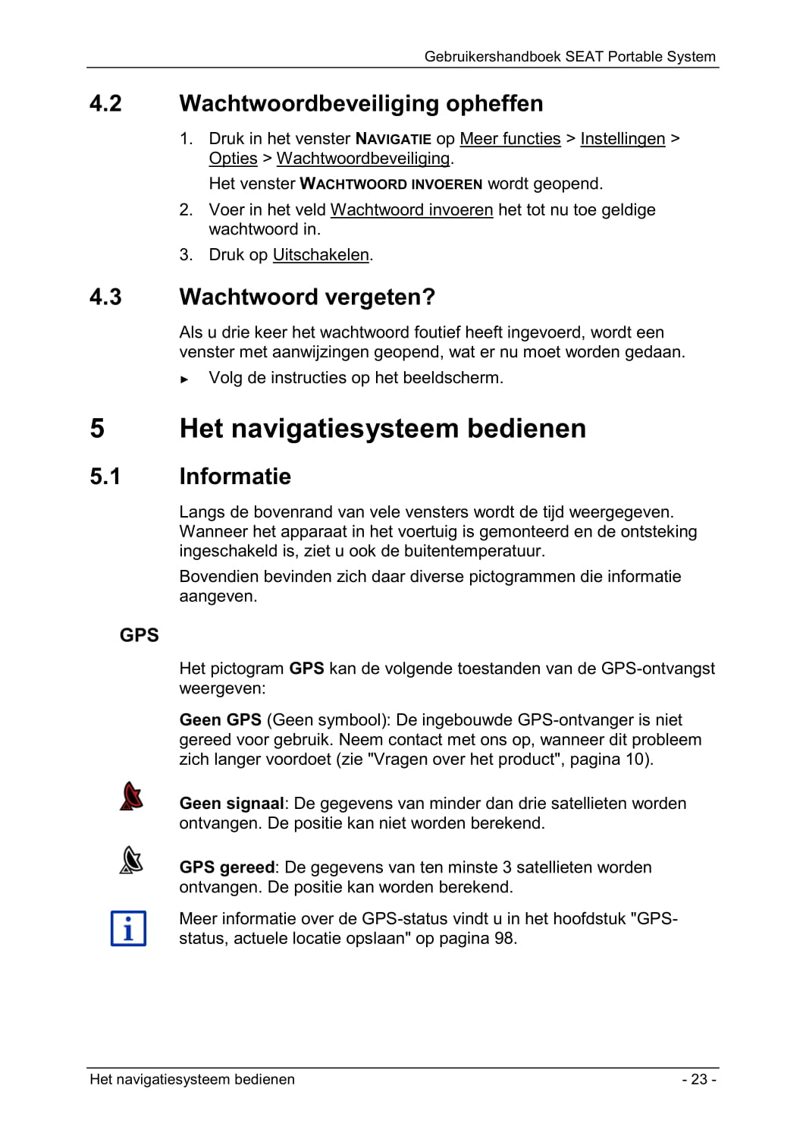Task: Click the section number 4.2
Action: (105, 103)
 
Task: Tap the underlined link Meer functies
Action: (510, 139)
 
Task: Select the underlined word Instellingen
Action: (623, 139)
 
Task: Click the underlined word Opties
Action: (233, 159)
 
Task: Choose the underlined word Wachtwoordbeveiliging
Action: (363, 159)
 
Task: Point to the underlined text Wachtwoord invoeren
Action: (412, 210)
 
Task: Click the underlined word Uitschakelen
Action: (321, 255)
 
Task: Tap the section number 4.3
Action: (105, 297)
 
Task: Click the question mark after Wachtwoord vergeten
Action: (429, 297)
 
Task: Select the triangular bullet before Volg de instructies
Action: (184, 379)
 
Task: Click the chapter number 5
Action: (97, 429)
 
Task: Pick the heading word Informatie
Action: (235, 477)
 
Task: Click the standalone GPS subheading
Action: (140, 635)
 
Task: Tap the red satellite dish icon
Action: (131, 796)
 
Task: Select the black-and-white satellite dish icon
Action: (131, 860)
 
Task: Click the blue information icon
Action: (128, 928)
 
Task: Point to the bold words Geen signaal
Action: (231, 804)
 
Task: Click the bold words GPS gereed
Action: (227, 867)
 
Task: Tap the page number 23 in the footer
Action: (698, 1079)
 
